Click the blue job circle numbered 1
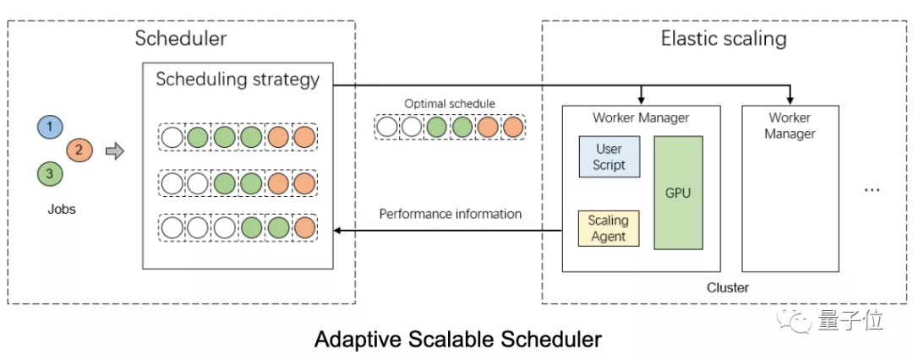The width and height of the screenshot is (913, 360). tap(50, 127)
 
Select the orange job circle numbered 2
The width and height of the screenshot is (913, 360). tap(79, 150)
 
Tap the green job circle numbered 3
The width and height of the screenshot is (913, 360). tap(50, 174)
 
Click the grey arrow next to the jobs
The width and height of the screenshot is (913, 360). tap(114, 151)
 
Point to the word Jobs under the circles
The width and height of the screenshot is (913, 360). tap(61, 209)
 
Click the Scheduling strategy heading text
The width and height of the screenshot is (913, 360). tap(238, 79)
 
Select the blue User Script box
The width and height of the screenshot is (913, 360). tap(609, 156)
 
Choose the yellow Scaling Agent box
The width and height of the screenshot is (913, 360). tap(609, 228)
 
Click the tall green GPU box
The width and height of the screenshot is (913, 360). tap(678, 194)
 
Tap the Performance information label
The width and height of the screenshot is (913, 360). tap(450, 214)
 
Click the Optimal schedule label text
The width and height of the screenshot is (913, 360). tap(450, 103)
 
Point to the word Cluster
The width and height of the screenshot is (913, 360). tap(727, 287)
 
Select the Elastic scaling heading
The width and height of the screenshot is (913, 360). tap(723, 39)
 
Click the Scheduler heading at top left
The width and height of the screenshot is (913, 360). tap(181, 39)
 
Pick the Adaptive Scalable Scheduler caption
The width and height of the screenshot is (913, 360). tap(457, 340)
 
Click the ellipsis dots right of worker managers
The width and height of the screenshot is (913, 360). tap(872, 190)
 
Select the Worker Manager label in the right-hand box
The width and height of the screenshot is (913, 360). tap(790, 125)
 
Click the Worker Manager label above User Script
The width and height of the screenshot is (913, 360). tap(641, 117)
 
